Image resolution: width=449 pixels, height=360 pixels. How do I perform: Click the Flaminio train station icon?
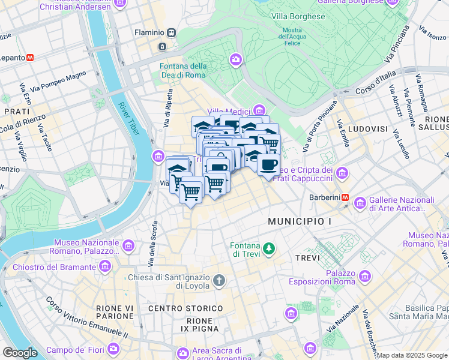point(172,32)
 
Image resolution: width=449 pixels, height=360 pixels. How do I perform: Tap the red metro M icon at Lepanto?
point(30,58)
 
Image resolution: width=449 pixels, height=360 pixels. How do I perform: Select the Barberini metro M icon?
point(345,197)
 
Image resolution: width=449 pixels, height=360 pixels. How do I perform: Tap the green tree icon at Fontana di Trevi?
point(270,248)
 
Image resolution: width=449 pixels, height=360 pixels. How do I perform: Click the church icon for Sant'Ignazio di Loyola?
point(219,280)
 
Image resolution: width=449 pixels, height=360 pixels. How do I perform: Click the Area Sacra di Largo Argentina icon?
point(182,352)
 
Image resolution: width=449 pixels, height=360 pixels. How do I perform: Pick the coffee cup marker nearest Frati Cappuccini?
point(268,163)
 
